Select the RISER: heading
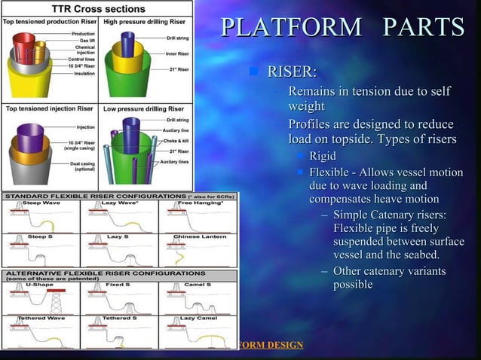pos(293,72)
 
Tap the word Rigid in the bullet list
pos(323,156)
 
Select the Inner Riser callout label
pos(178,53)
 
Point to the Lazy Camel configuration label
pos(198,319)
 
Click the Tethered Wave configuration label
pos(38,319)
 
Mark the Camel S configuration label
pos(197,285)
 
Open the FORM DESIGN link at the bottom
pos(270,345)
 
